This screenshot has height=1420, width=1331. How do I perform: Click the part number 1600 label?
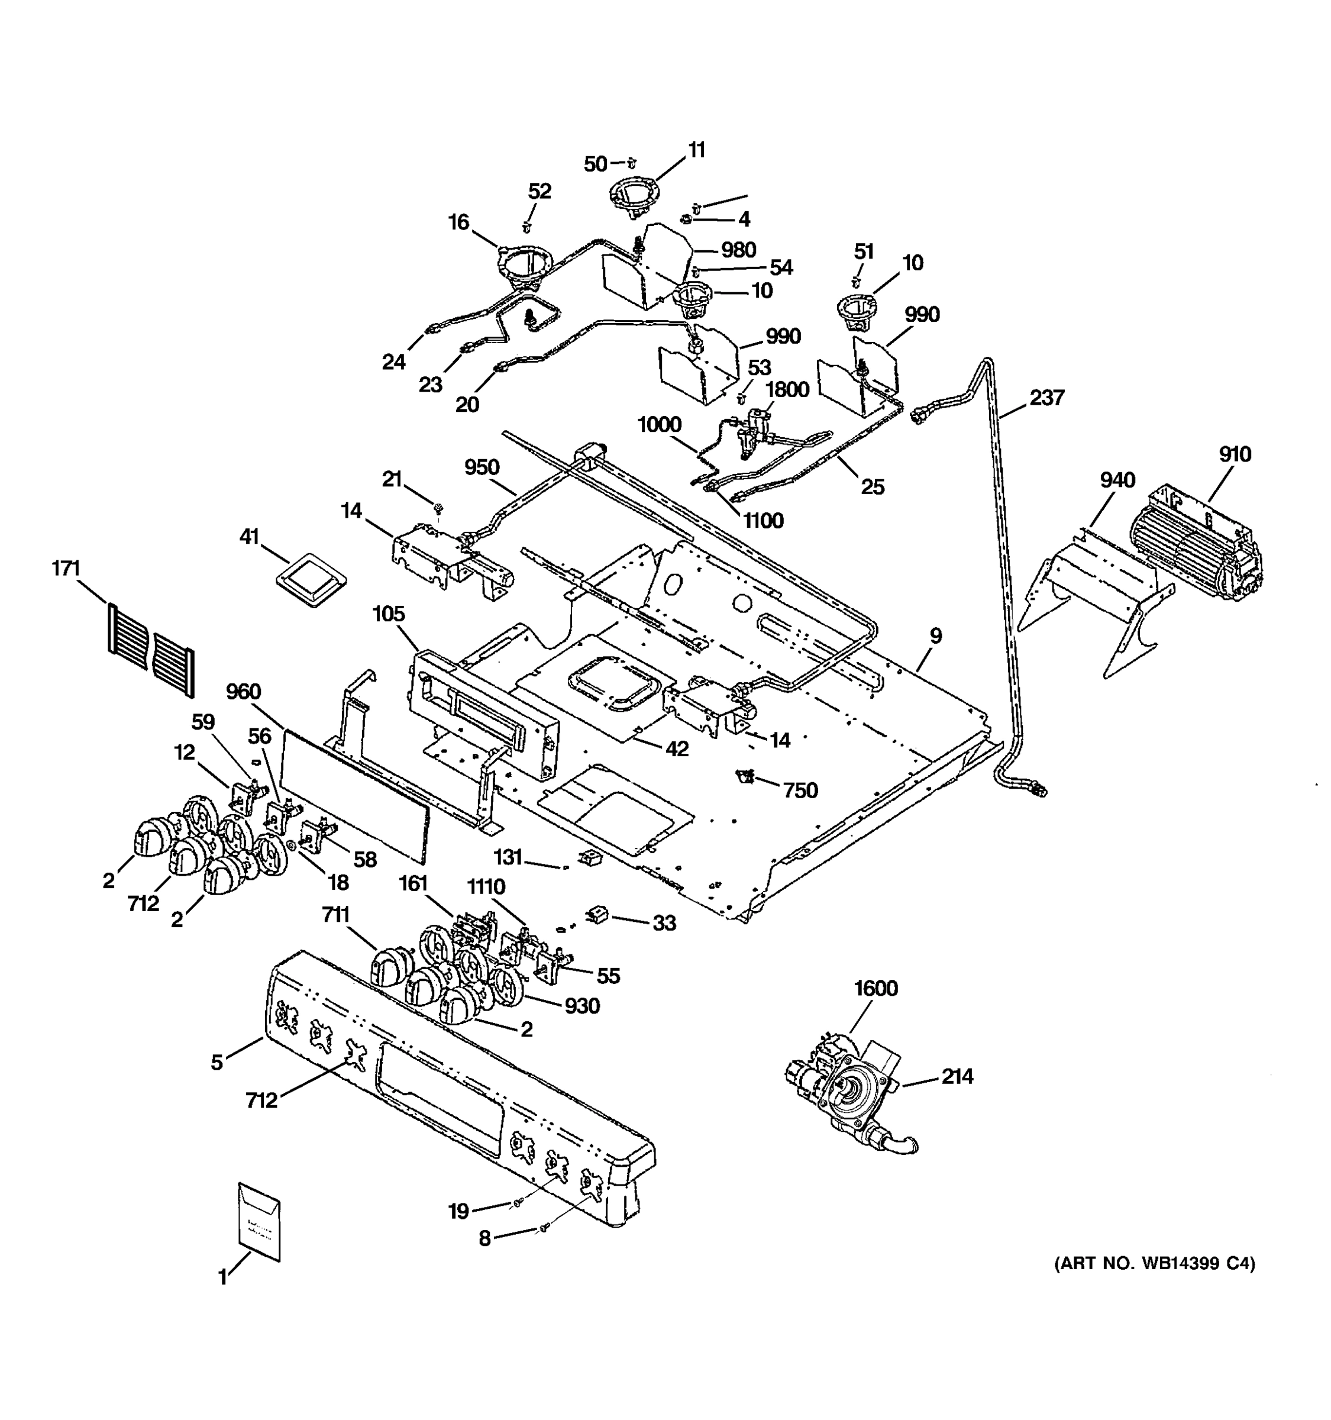pos(876,989)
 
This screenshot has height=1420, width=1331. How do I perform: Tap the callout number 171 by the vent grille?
pos(66,569)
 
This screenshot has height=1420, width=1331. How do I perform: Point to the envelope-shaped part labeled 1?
pos(259,1221)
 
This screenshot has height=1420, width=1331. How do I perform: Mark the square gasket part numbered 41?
pos(311,577)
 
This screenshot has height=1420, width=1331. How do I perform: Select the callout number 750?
pos(800,790)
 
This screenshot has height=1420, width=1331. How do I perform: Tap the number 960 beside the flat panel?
pos(244,692)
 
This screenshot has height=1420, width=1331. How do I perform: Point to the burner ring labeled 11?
pos(634,196)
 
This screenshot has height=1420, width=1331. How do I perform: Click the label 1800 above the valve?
pos(787,389)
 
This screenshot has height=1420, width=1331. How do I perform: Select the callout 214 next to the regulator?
pos(957,1076)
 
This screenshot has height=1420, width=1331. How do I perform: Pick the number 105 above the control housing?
pos(389,614)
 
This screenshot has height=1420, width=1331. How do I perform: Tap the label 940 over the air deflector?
pos(1117,480)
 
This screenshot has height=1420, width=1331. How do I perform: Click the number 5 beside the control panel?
pos(217,1062)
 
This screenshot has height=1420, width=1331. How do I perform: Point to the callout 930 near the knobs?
pos(582,1006)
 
